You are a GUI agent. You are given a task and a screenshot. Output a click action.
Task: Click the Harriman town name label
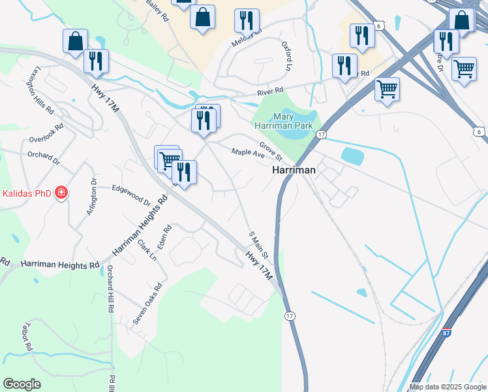point(294,169)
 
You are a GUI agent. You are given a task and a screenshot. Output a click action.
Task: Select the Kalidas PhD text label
point(26,193)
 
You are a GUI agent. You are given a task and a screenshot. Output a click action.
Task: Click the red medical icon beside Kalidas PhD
point(61,193)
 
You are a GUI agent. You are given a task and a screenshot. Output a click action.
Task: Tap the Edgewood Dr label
point(131,194)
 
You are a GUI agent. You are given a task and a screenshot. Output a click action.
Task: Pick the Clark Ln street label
point(147,250)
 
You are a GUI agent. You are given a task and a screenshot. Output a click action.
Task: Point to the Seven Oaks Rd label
point(147,304)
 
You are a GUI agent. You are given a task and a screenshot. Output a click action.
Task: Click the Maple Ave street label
point(248,154)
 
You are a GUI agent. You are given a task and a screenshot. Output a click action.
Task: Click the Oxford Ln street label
point(286,56)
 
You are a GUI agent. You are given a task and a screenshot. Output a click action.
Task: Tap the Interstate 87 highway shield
point(447,332)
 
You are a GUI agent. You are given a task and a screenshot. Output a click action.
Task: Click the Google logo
point(22,384)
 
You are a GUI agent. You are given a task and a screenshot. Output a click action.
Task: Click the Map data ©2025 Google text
point(448,387)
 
